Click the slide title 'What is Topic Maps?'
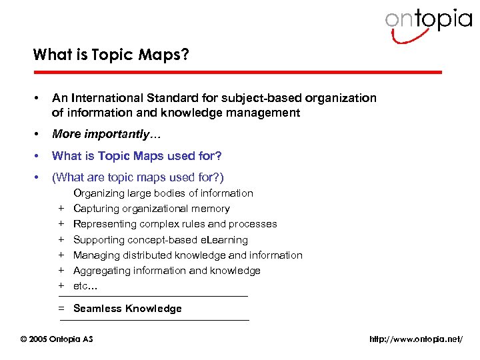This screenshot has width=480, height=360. pyautogui.click(x=111, y=55)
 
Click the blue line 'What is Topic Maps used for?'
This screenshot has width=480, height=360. pyautogui.click(x=137, y=156)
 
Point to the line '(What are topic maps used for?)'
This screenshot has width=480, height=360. pyautogui.click(x=138, y=177)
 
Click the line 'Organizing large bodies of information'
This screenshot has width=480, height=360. pyautogui.click(x=163, y=193)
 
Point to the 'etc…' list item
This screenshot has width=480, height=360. pyautogui.click(x=85, y=286)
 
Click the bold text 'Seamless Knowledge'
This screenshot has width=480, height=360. pyautogui.click(x=127, y=309)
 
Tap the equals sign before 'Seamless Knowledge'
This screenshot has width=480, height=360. pyautogui.click(x=61, y=309)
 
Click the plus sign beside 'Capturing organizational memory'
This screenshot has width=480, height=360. pyautogui.click(x=61, y=209)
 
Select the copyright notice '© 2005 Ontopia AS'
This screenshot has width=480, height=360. pyautogui.click(x=57, y=339)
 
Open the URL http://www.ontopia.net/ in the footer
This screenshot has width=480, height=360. pyautogui.click(x=415, y=339)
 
